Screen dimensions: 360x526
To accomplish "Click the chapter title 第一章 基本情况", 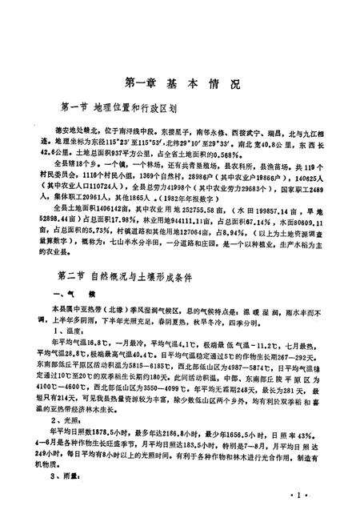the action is tap(182, 82).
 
